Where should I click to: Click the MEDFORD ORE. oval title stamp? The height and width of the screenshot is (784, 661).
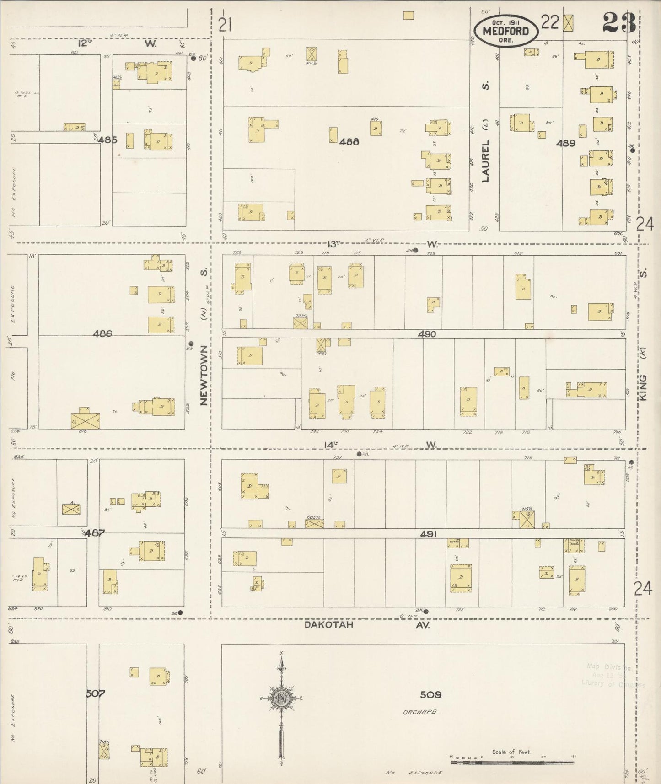(505, 31)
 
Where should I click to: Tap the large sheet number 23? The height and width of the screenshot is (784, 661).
(619, 22)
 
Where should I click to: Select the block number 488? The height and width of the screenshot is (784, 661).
(349, 142)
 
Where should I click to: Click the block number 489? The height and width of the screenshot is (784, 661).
(565, 143)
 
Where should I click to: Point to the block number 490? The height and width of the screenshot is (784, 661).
(426, 334)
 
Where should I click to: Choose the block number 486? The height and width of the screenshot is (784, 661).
(102, 334)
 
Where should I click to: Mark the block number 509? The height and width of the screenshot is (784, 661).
(430, 695)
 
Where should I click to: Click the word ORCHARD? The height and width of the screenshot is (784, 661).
(419, 712)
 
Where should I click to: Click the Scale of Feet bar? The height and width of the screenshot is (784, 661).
(512, 762)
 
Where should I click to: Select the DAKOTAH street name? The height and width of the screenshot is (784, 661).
(329, 625)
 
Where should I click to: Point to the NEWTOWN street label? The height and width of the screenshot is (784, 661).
(204, 375)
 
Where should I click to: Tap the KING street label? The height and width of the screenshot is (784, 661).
(643, 388)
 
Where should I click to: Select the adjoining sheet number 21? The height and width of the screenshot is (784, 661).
(225, 25)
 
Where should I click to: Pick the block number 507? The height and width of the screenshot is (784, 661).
(96, 693)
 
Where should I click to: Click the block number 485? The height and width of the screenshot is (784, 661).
(107, 140)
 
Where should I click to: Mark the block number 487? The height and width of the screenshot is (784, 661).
(94, 533)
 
